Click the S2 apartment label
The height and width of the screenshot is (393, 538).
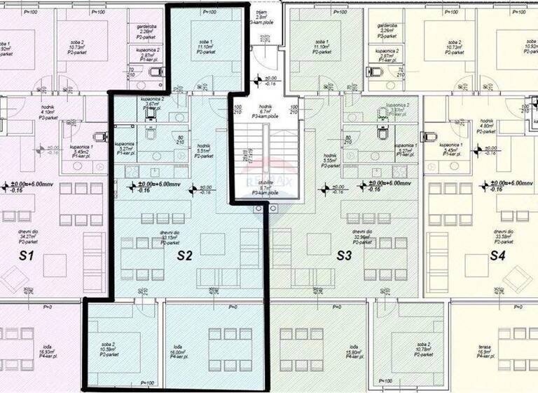pos(184,255)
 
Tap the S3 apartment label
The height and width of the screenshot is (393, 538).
pos(343,255)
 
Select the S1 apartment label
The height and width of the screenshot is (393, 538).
pos(27,256)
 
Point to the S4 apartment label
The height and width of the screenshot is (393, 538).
pos(497,255)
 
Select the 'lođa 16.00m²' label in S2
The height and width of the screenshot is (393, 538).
pos(181,351)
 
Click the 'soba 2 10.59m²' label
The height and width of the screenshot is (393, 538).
pos(107,349)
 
